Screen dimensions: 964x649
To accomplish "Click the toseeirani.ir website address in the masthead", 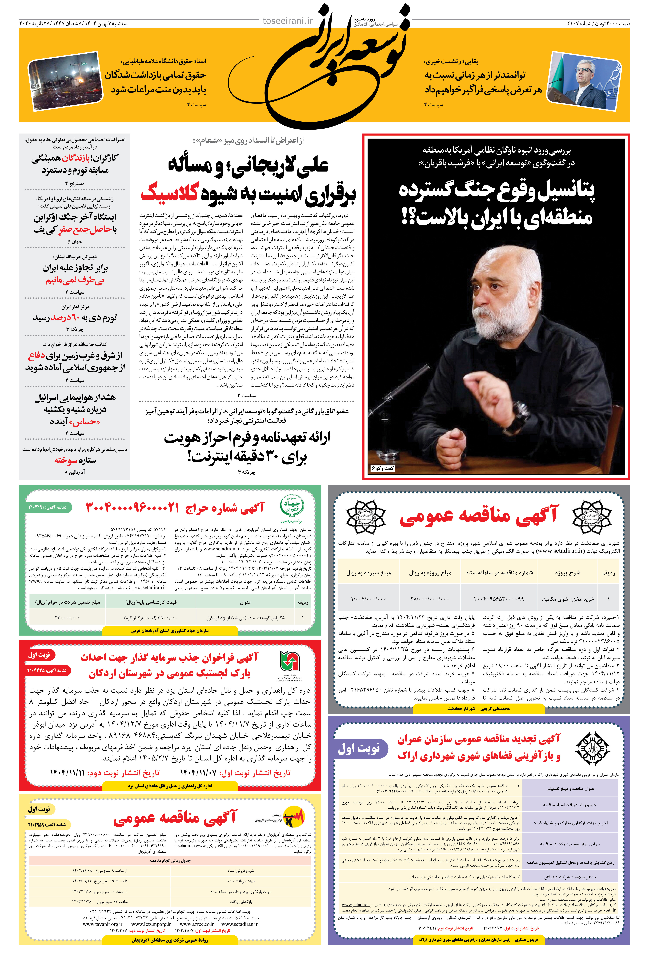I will coord(288,21).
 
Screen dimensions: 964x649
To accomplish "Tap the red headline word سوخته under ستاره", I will coord(66,460).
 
